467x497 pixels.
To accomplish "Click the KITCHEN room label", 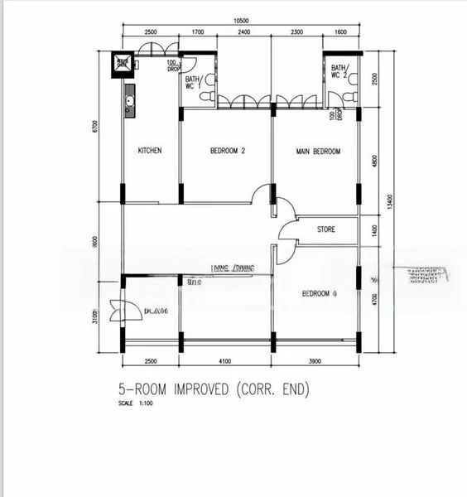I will pos(150,151).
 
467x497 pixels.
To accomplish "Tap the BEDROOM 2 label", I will pos(228,151).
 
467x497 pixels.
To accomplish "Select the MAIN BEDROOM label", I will pos(318,151).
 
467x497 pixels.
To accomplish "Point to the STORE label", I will pos(325,229).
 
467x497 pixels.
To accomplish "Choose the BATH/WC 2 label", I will pos(339,72).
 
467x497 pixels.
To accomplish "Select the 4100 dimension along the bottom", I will pos(224,362).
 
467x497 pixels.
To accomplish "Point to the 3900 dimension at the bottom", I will pos(315,362).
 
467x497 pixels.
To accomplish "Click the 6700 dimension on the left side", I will pos(96,127).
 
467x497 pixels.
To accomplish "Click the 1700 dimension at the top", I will pos(197,31).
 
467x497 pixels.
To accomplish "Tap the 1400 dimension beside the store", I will pos(375,229).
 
